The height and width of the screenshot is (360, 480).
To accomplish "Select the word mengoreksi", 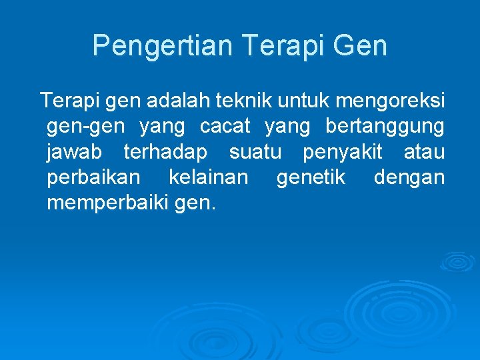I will coord(391,101).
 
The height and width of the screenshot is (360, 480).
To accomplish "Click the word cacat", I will coord(225,126).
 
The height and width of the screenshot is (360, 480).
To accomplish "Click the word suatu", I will coord(255,152).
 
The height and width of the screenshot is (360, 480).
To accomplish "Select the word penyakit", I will coord(343,152).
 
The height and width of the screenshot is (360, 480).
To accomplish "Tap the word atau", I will coord(425,152).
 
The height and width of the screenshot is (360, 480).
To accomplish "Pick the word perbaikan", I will coord(94,177).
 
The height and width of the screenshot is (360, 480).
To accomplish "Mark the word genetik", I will coord(312,177).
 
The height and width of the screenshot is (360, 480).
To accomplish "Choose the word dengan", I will coord(409,178).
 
